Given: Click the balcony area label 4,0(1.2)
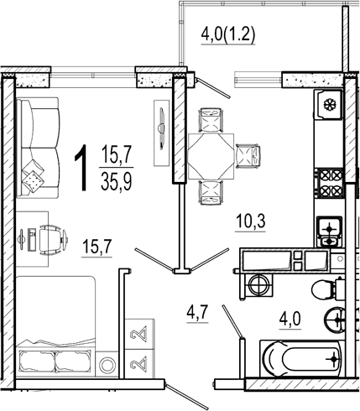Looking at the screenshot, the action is click(x=228, y=35).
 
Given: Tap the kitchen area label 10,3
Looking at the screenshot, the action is click(x=251, y=221).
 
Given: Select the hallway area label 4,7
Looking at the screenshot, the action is click(x=197, y=313).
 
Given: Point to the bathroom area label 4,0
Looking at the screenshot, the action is click(x=290, y=319).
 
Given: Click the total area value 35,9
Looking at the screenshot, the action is click(x=116, y=180).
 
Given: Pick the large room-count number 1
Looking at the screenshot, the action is click(x=81, y=168).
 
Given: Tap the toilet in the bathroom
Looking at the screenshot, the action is click(x=328, y=289).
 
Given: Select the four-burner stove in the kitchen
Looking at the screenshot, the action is click(x=331, y=183).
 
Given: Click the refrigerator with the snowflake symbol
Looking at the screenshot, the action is click(x=328, y=105).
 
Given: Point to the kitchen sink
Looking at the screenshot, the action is click(x=330, y=232).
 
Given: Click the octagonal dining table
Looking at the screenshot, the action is click(x=211, y=156).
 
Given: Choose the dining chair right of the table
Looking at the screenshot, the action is click(x=248, y=156).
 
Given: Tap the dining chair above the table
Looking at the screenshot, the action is click(x=211, y=120).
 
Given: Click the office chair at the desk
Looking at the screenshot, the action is click(x=53, y=240).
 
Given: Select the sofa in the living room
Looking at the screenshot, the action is click(x=38, y=148).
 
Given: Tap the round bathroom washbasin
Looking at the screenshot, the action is click(x=335, y=319).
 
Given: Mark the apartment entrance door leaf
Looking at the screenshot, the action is click(x=187, y=397).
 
